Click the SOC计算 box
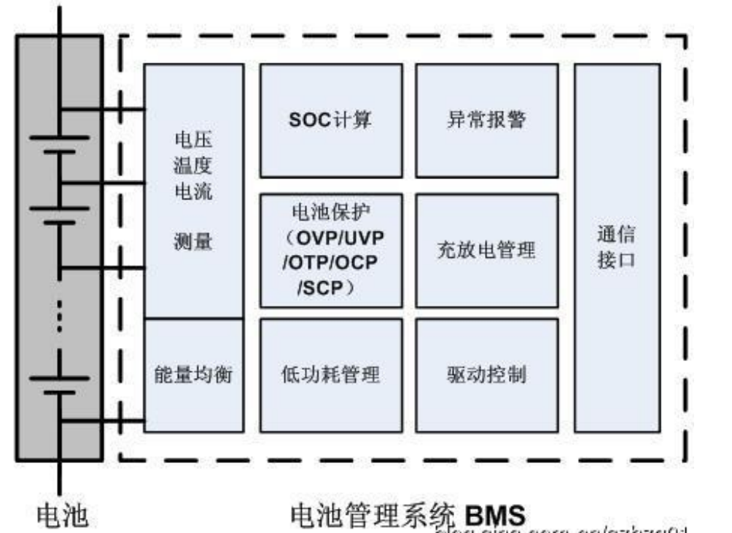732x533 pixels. [x=331, y=120]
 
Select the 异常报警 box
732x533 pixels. [x=486, y=120]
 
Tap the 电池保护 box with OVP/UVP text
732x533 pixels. [x=331, y=250]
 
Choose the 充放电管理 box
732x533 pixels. [x=486, y=250]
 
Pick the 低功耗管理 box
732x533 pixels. [x=331, y=375]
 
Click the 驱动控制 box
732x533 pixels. [x=486, y=375]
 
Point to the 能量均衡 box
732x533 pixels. [x=194, y=375]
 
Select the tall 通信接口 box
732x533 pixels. [x=617, y=248]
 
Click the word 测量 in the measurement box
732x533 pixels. [x=194, y=242]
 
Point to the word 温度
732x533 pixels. [x=194, y=166]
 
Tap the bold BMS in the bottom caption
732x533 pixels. [x=494, y=515]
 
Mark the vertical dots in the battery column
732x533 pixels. [x=61, y=314]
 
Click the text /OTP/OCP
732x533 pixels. [x=330, y=263]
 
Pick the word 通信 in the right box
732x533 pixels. [x=616, y=234]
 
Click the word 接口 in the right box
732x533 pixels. [x=616, y=261]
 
